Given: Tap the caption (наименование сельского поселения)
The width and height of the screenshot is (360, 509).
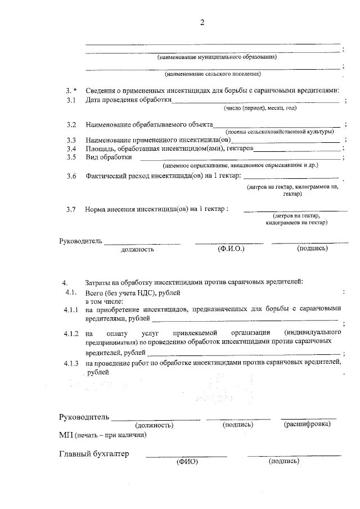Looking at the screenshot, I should coord(213,74).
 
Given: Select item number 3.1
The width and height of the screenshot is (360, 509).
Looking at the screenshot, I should coord(70,100).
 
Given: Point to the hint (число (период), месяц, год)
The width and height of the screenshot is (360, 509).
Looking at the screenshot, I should coord(260,108).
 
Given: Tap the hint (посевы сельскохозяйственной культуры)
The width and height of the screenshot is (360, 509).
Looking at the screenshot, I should coord(278,131).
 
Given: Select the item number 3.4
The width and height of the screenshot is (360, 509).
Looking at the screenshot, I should coord(70,148).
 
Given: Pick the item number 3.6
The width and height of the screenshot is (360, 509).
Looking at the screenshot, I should coord(70,176).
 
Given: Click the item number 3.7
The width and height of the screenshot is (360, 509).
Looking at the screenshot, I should coord(70,209).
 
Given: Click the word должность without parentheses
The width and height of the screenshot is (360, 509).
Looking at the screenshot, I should coord(137,249).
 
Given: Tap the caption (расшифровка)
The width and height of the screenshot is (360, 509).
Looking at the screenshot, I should coord(307,424).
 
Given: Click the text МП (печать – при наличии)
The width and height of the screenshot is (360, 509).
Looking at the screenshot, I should coord(103,435).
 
